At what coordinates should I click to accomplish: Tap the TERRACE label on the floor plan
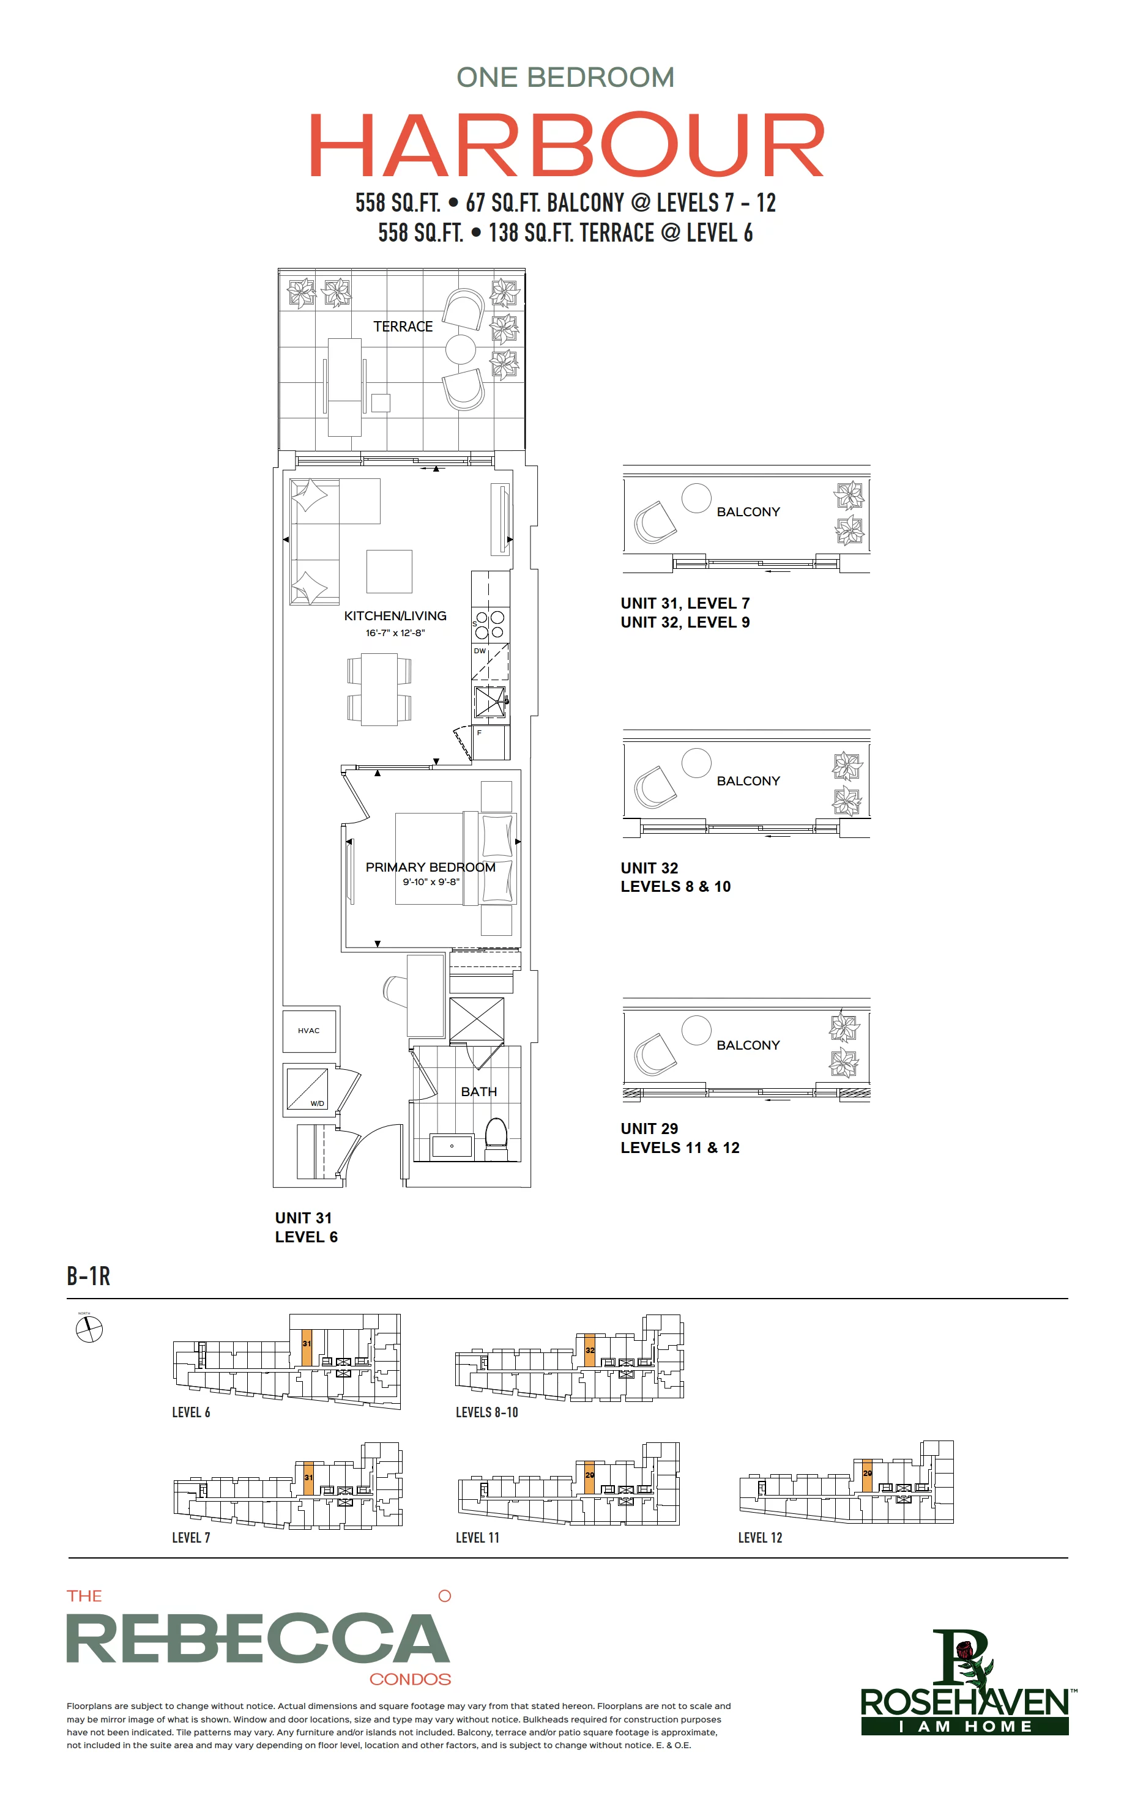click(x=403, y=326)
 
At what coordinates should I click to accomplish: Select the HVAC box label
click(x=308, y=1031)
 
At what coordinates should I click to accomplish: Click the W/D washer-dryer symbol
click(x=307, y=1089)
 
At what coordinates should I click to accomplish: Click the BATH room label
click(x=479, y=1092)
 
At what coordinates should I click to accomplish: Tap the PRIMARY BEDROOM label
click(x=431, y=867)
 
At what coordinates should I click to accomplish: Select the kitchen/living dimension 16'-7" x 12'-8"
click(x=395, y=633)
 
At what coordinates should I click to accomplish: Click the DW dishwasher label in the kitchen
click(x=480, y=651)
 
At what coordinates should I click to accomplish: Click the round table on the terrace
click(x=461, y=349)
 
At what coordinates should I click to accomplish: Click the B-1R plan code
click(x=88, y=1276)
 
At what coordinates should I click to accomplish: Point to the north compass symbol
click(x=89, y=1330)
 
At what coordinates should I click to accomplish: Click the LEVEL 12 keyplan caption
click(x=760, y=1538)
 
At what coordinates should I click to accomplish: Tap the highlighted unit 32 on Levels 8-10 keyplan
click(x=590, y=1351)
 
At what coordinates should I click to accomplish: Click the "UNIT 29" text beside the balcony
click(x=649, y=1129)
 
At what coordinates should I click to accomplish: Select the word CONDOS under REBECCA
click(x=411, y=1679)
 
